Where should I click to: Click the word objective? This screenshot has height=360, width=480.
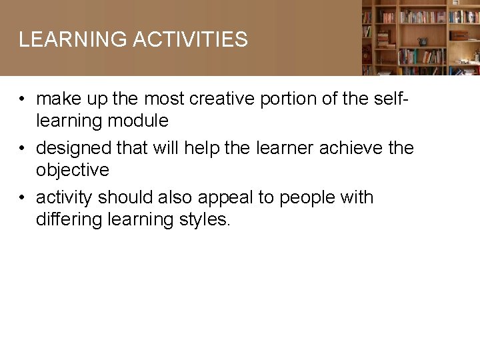73,170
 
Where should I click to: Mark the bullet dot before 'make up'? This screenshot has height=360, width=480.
23,99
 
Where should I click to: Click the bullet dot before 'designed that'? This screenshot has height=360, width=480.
23,148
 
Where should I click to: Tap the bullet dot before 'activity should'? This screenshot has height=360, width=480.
23,198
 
